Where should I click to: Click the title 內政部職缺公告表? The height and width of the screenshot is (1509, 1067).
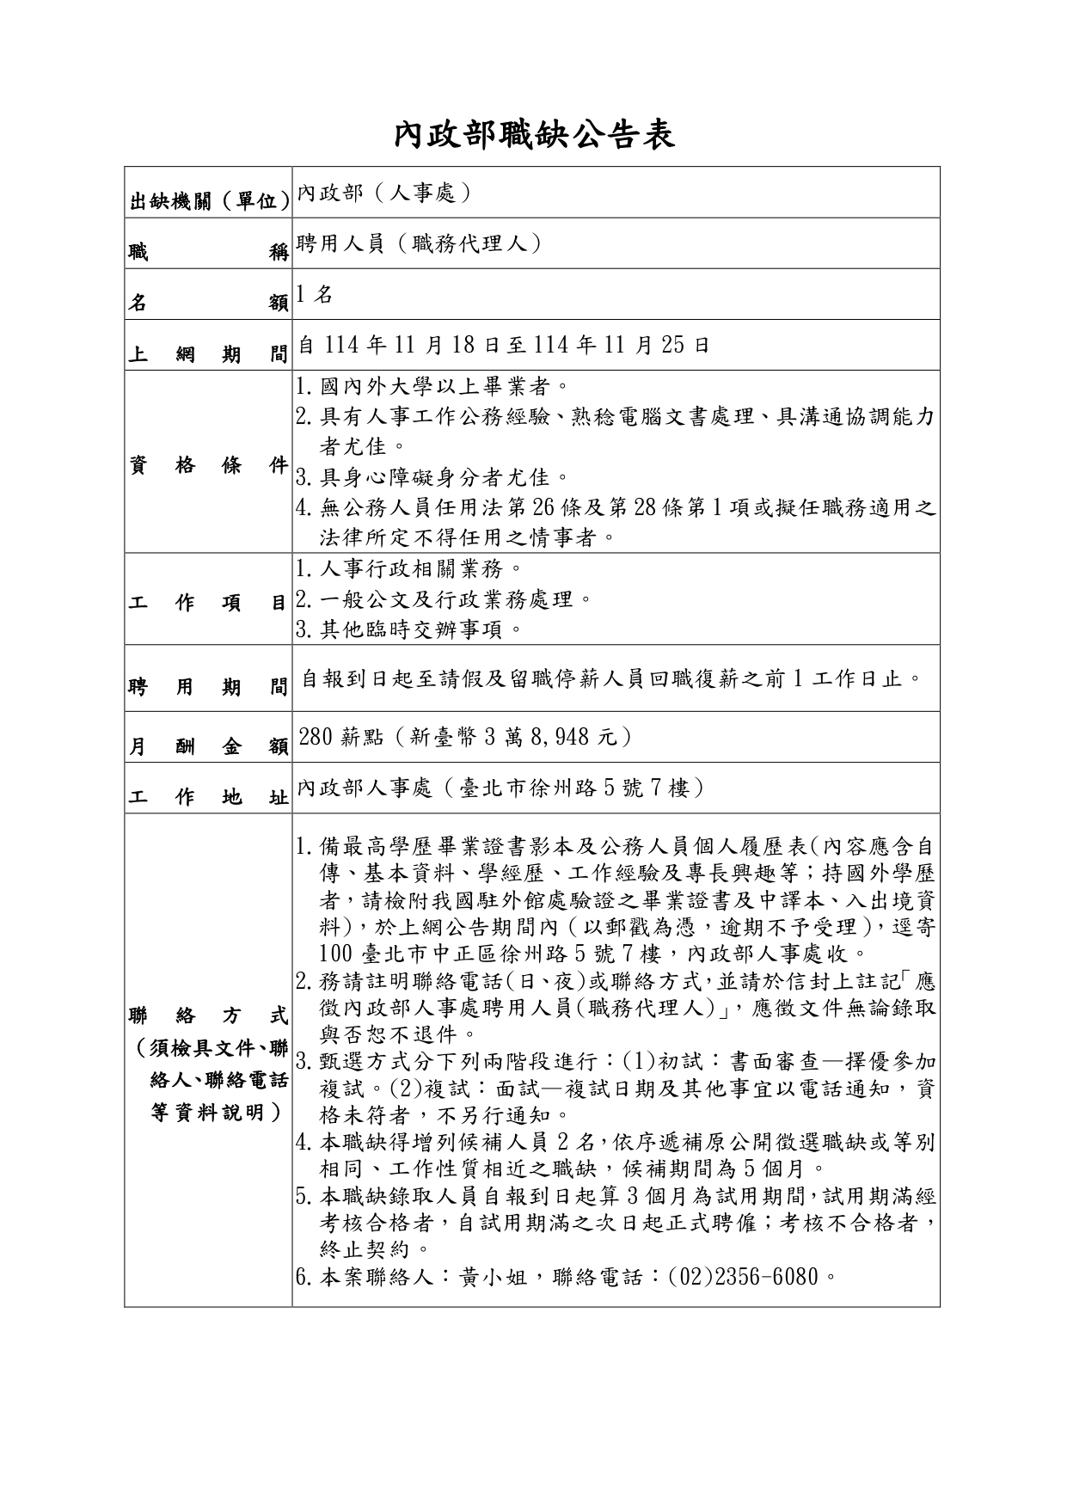click(533, 136)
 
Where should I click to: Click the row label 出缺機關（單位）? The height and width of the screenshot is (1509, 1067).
click(207, 201)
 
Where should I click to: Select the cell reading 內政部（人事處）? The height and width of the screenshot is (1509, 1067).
click(384, 193)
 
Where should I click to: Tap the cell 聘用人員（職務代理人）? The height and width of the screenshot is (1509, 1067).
click(419, 243)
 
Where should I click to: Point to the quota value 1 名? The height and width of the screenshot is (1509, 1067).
click(314, 294)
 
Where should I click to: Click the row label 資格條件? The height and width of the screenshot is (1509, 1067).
click(207, 465)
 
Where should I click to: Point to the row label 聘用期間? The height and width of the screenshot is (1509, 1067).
click(207, 687)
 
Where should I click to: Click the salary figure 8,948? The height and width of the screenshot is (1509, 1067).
click(570, 737)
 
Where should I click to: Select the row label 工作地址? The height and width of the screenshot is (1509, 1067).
click(207, 797)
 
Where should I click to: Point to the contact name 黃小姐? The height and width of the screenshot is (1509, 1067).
click(497, 1277)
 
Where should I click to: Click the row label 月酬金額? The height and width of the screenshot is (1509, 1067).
click(207, 746)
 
